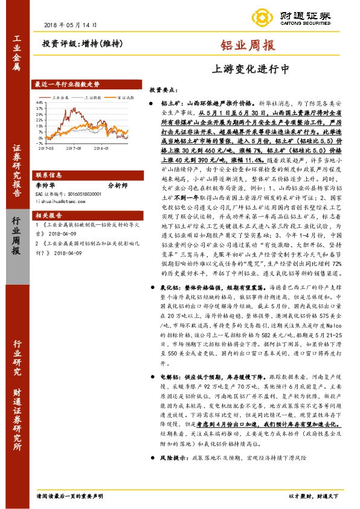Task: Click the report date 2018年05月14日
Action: [x=71, y=25]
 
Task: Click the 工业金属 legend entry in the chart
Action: [x=61, y=97]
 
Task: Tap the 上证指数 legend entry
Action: [x=92, y=97]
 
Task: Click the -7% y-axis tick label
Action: [x=39, y=142]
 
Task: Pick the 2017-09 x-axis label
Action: [x=74, y=148]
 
